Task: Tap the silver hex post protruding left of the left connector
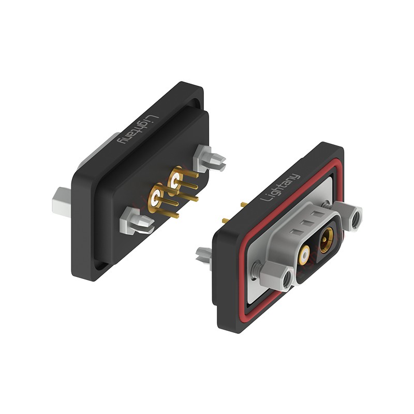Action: coord(62,202)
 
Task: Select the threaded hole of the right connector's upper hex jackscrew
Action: coord(356,218)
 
